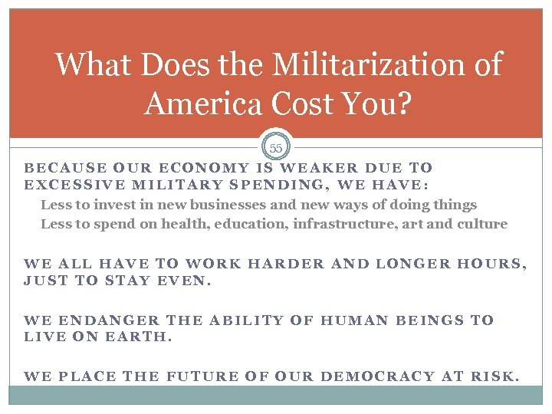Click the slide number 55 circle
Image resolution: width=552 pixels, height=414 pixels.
(x=276, y=146)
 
